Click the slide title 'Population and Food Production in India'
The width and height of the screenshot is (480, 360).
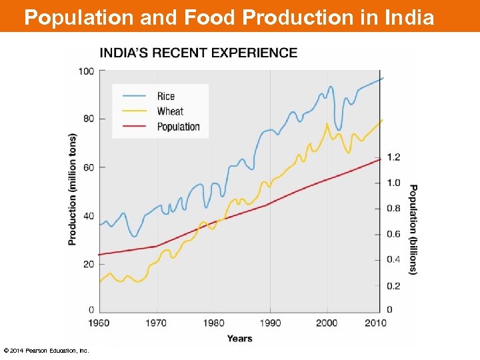pyautogui.click(x=229, y=17)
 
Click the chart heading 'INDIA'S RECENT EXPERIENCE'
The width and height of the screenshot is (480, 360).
pyautogui.click(x=199, y=53)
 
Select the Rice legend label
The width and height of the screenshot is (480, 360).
pyautogui.click(x=166, y=96)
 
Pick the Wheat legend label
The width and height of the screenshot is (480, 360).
pyautogui.click(x=170, y=111)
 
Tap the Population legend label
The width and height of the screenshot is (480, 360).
pyautogui.click(x=178, y=127)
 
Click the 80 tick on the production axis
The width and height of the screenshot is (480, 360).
pyautogui.click(x=88, y=119)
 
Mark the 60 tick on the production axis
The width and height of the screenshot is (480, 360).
pyautogui.click(x=88, y=167)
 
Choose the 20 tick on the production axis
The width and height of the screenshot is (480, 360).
pyautogui.click(x=88, y=263)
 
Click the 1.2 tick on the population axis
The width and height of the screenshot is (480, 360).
pyautogui.click(x=393, y=157)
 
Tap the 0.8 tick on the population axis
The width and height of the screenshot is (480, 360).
pyautogui.click(x=393, y=209)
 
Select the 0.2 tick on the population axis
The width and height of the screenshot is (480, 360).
pyautogui.click(x=393, y=285)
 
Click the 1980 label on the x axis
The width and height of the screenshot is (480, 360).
pyautogui.click(x=213, y=323)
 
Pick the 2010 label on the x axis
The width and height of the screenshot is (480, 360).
pyautogui.click(x=376, y=323)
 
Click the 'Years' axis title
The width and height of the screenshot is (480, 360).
pyautogui.click(x=239, y=339)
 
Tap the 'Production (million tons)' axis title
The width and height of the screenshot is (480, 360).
pyautogui.click(x=73, y=189)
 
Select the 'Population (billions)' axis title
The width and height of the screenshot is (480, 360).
pyautogui.click(x=413, y=229)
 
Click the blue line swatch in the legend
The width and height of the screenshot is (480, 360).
pyautogui.click(x=132, y=96)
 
